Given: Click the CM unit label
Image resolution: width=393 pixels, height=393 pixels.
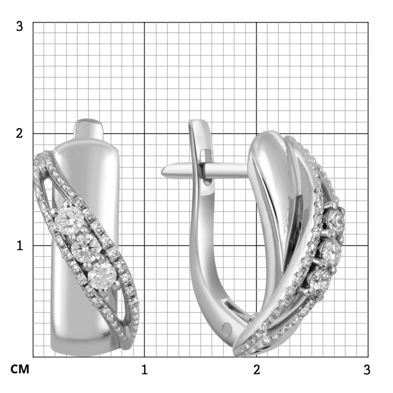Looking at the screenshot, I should [20, 370].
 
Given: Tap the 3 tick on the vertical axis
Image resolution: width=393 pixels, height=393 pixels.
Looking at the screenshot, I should [19, 26].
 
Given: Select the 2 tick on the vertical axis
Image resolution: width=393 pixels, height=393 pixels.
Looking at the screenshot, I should [19, 134].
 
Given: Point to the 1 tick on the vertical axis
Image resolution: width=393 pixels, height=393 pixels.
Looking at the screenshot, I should [19, 246].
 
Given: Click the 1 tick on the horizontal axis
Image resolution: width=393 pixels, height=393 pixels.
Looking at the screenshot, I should [144, 370].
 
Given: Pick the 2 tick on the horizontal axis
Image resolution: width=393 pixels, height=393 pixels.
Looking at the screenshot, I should [256, 370].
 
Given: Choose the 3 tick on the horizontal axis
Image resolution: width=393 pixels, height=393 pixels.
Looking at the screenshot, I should [367, 370].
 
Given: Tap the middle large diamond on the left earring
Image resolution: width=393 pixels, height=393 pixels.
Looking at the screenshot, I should [85, 247].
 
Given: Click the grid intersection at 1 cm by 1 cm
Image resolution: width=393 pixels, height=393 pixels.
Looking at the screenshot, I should [145, 246].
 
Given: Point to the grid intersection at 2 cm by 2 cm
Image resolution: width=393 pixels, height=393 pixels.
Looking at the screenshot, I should [256, 134].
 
